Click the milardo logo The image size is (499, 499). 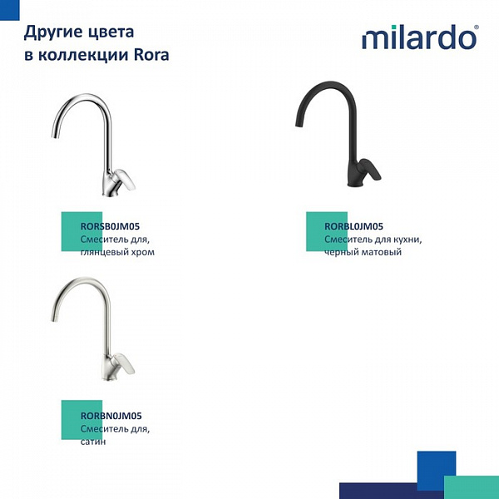[x=420, y=37]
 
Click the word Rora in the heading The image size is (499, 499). [x=151, y=54]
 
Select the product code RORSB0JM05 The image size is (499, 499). [x=110, y=226]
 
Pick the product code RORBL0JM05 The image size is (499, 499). [x=354, y=226]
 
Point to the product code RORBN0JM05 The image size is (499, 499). [x=111, y=416]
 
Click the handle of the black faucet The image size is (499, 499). [x=370, y=169]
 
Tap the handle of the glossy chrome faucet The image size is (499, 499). [x=125, y=179]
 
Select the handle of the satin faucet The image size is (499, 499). [x=124, y=363]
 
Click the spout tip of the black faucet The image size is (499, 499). [x=299, y=124]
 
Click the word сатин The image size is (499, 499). [x=93, y=442]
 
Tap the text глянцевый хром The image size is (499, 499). [x=117, y=252]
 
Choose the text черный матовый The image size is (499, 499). [x=363, y=252]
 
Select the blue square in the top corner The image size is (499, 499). [x=9, y=10]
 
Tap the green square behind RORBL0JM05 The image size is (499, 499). [x=327, y=231]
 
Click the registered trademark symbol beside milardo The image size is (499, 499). [x=477, y=27]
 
